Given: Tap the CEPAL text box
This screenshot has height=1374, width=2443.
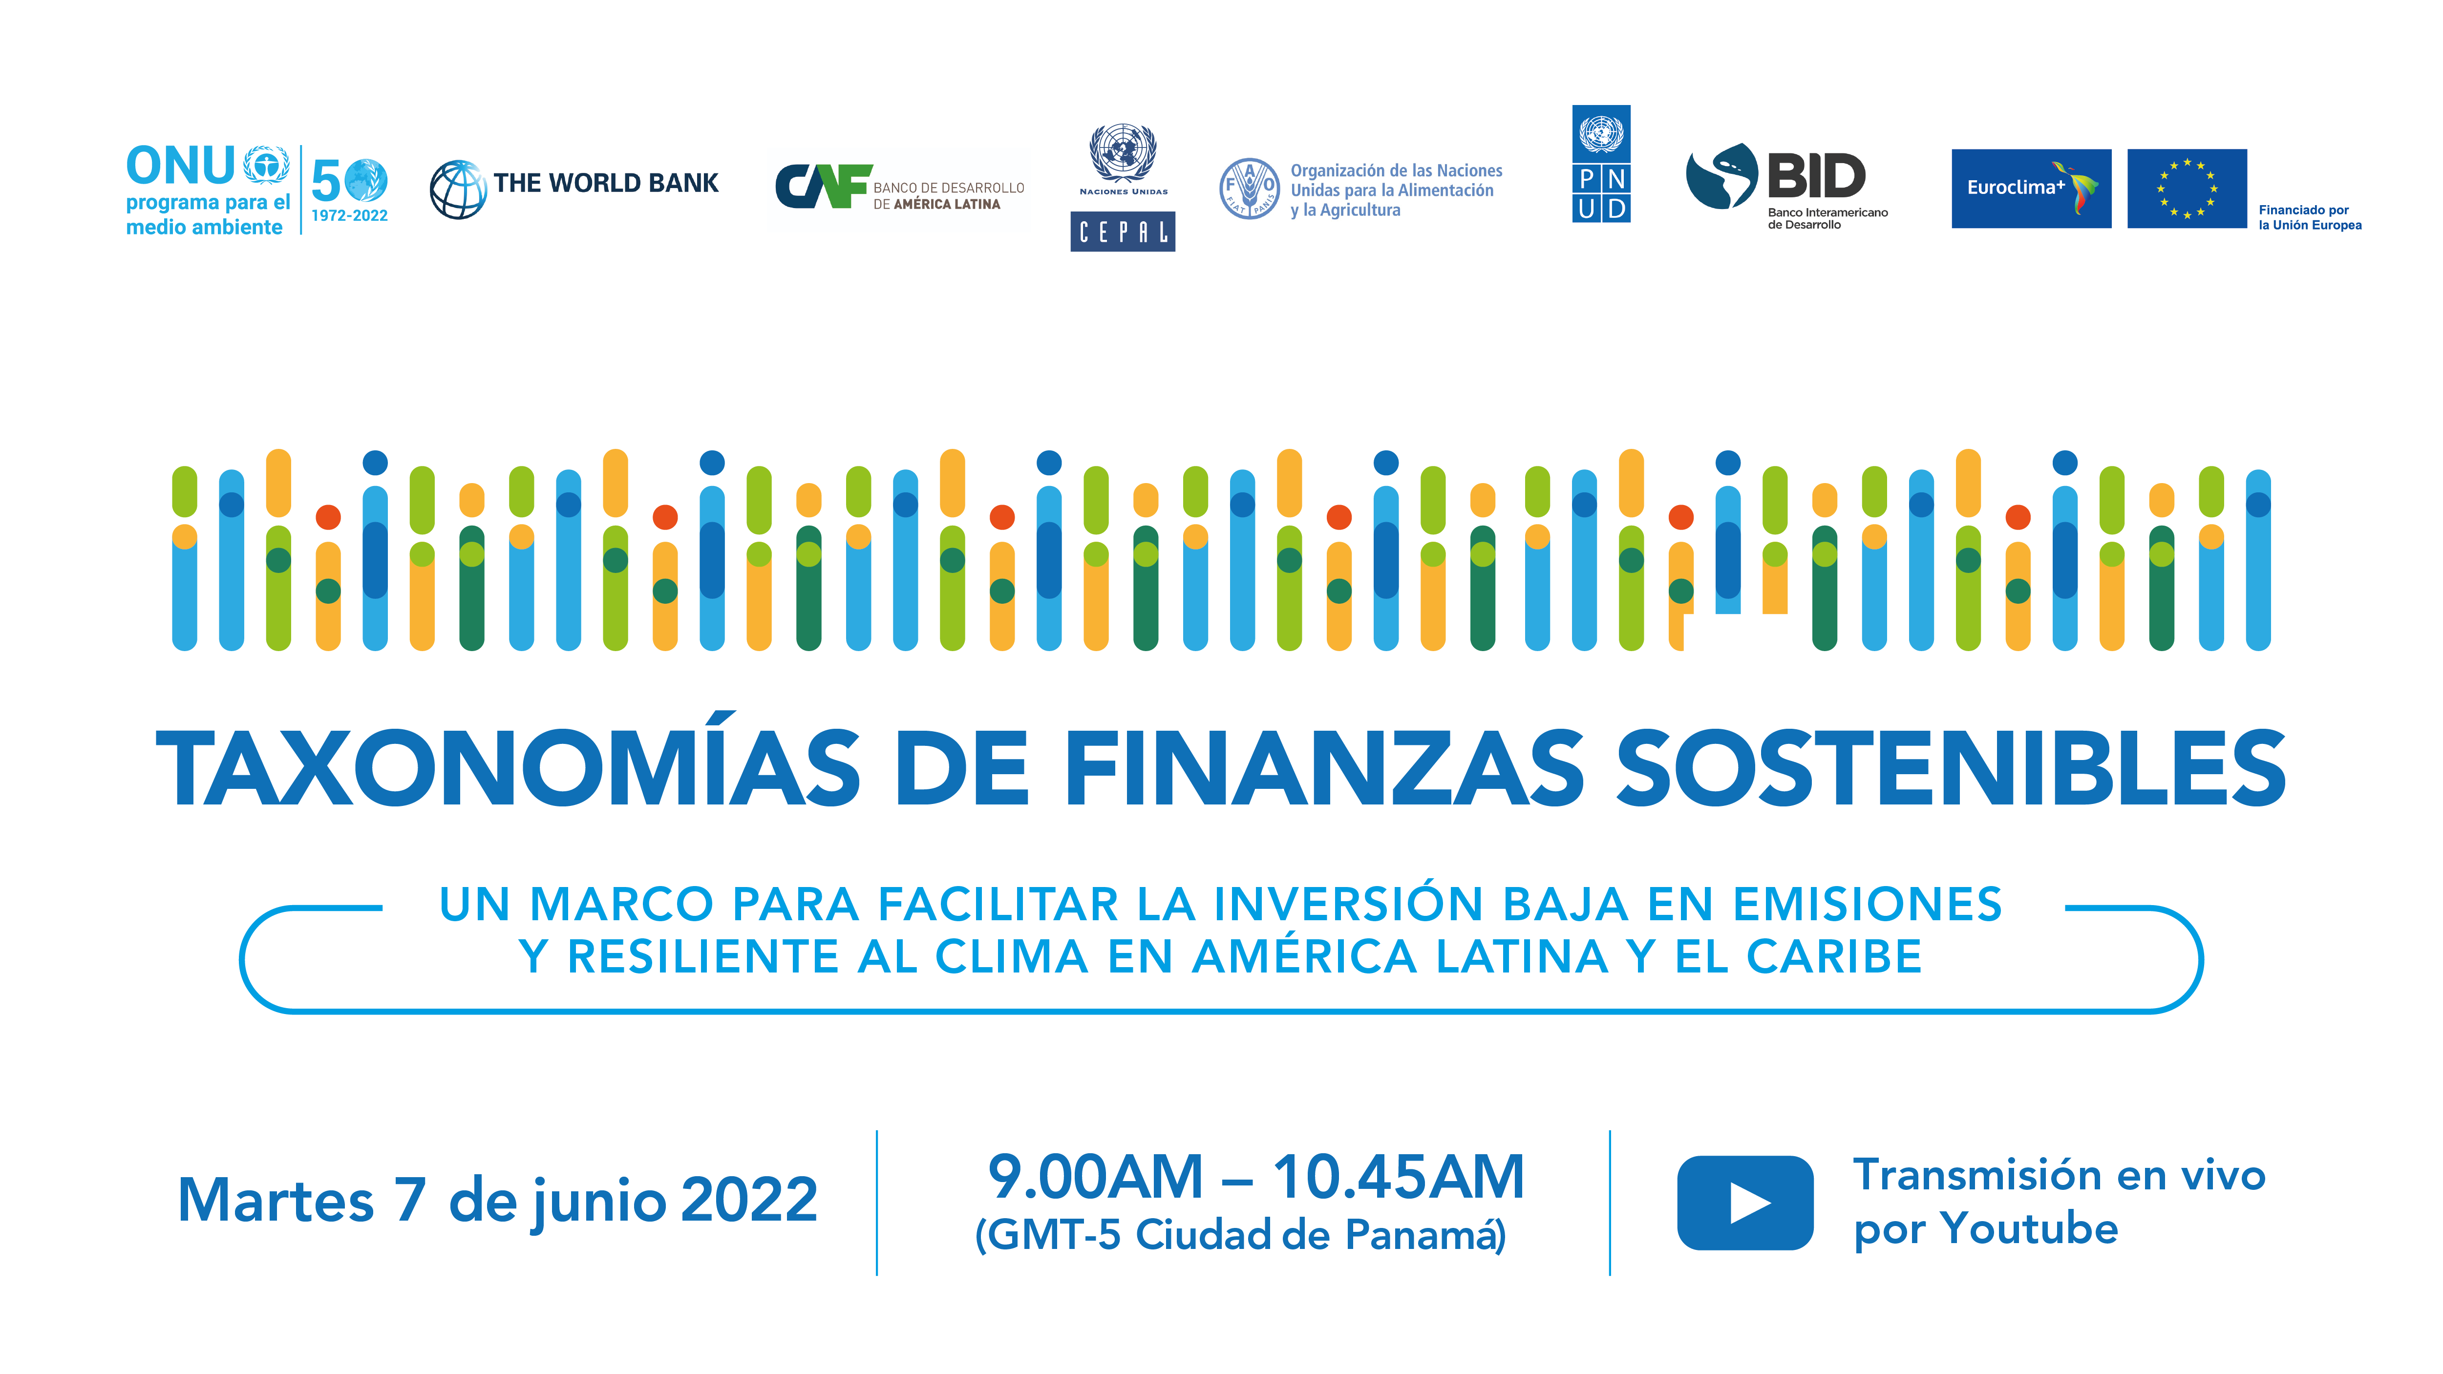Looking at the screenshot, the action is coord(1123,232).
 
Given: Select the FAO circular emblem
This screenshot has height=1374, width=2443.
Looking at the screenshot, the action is coord(1249,189).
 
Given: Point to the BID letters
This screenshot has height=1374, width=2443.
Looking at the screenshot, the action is coord(1816,176).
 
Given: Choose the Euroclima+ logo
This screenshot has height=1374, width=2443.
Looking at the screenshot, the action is coord(2030,188).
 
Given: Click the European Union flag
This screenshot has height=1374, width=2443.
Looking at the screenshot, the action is coord(2187,188).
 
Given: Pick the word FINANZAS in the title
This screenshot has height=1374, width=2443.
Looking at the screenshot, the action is coord(1325,767).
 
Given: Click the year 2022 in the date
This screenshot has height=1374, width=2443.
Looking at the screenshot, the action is coord(749,1200).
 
